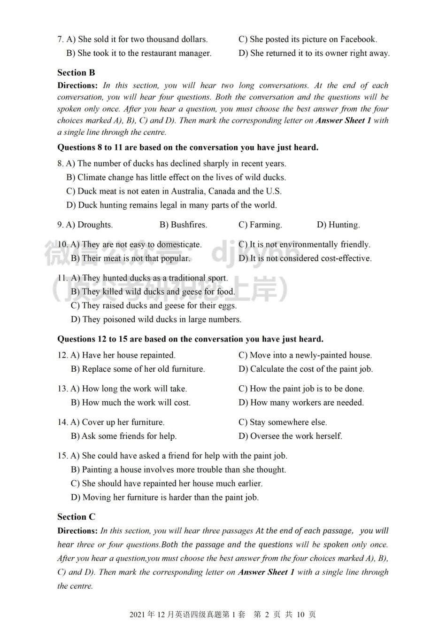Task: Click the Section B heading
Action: pos(76,73)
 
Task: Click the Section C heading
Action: pos(76,517)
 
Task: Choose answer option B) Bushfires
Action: pos(183,225)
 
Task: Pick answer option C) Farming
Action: pos(260,225)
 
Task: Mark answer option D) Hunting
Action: pos(338,225)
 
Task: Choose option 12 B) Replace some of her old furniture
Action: pos(138,369)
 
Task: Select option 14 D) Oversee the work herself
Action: pos(290,436)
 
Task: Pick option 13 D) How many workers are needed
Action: pos(301,403)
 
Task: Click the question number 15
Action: pos(62,456)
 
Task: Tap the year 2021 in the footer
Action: pos(138,615)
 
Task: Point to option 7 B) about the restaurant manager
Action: pos(139,54)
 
